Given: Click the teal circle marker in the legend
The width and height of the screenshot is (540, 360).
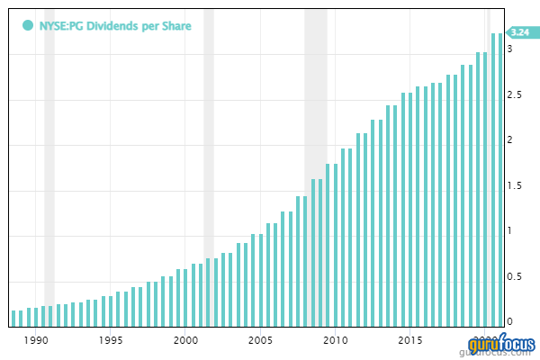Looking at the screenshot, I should point(28,25).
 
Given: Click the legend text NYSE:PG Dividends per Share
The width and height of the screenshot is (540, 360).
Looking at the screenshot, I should point(114,25).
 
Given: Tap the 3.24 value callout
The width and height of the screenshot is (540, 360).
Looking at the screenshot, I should point(518,32).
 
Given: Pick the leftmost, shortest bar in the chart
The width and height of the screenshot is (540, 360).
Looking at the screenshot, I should point(13,317).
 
